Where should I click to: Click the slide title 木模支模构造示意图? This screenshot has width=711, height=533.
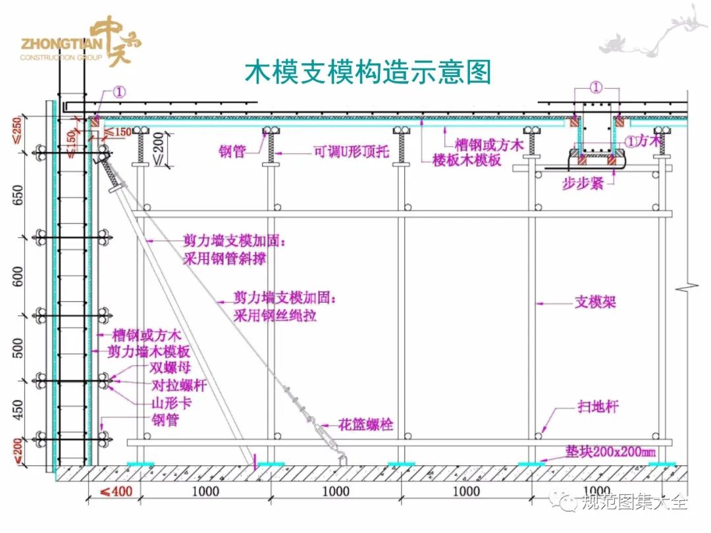[x=368, y=72]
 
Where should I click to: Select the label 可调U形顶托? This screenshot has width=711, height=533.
[x=350, y=152]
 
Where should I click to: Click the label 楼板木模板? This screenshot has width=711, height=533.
[x=467, y=160]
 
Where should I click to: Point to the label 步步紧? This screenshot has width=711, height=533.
[x=583, y=184]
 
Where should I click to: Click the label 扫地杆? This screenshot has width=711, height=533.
[x=598, y=407]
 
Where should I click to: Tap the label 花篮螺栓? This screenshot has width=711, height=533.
[x=366, y=424]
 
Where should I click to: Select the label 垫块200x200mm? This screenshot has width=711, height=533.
[x=610, y=452]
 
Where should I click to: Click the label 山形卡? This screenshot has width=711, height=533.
[x=173, y=402]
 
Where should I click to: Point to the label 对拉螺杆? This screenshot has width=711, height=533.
[x=179, y=386]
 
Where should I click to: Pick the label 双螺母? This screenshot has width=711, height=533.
[x=170, y=368]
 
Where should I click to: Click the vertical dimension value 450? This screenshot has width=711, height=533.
[x=18, y=409]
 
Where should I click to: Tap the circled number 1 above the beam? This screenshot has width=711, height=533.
[x=595, y=87]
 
